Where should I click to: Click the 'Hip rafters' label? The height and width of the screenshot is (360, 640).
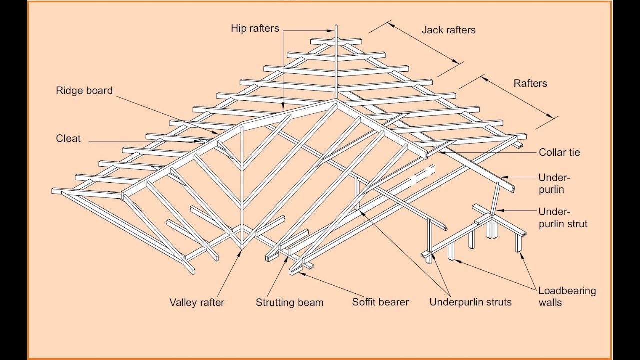pos(255,28)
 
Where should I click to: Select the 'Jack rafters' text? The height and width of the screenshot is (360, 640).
pos(448,30)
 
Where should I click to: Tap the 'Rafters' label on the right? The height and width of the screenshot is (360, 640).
pos(530,83)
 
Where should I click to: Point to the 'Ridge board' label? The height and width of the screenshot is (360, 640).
pos(84,91)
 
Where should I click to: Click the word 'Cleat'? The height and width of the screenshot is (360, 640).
pos(68,139)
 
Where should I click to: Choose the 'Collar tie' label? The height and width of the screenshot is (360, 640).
pos(559,152)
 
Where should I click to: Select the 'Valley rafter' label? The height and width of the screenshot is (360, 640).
pos(197,302)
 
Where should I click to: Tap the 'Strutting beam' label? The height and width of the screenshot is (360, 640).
pos(289,302)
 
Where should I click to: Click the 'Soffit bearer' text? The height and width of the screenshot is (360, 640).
pos(380,302)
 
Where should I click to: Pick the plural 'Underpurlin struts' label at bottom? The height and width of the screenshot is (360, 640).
pos(470,302)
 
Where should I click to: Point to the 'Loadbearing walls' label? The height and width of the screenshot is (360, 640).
pos(567,296)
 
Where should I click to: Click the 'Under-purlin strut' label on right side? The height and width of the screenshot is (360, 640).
pos(562,217)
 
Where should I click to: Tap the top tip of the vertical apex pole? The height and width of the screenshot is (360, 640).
pos(336,26)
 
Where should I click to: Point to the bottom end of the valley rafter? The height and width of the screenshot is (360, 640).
pos(242,248)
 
